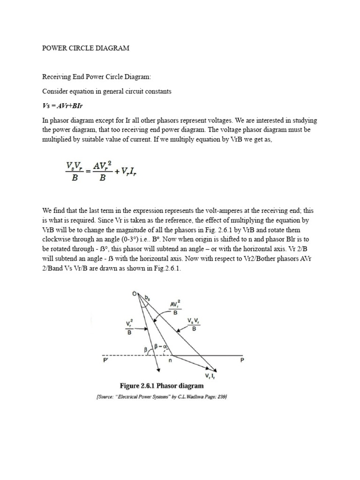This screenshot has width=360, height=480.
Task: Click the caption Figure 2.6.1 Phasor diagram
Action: click(x=162, y=386)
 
